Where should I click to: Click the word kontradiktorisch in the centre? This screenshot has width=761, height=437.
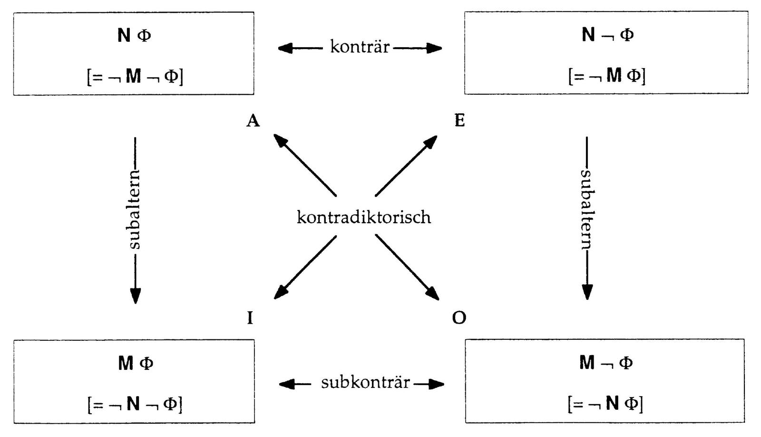tap(364, 217)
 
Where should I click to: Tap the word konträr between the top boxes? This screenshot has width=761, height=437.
tap(360, 47)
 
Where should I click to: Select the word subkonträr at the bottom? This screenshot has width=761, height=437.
tap(365, 382)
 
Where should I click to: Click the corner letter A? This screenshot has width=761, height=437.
tap(253, 121)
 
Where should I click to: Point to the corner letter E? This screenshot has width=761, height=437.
tap(459, 121)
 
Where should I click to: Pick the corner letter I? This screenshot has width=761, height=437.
tap(250, 318)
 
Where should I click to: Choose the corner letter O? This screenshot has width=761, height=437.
tap(459, 318)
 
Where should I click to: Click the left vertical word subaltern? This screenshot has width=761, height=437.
tap(135, 209)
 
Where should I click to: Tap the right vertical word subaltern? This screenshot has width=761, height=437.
tap(587, 209)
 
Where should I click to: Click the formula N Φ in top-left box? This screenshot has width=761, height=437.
tap(134, 35)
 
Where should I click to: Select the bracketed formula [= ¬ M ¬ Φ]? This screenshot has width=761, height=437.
tap(135, 76)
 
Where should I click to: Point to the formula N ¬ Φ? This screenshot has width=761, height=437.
tap(607, 35)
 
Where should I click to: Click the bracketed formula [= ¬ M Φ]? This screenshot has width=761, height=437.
tap(607, 75)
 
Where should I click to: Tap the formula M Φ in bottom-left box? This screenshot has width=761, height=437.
tap(135, 364)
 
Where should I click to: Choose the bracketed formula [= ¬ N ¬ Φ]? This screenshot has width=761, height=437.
tap(135, 404)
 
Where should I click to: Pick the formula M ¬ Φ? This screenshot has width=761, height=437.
tap(606, 363)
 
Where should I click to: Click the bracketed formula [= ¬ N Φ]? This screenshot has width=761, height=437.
tap(605, 404)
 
